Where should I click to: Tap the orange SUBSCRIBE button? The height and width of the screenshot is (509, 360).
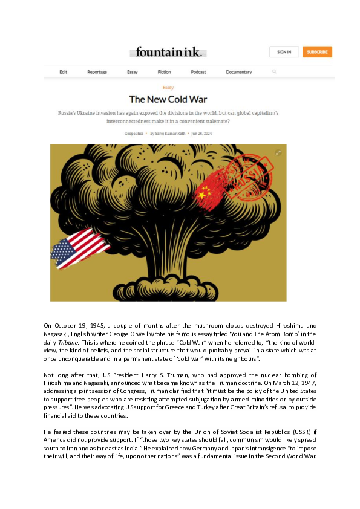317,52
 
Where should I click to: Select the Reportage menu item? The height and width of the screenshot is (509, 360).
97,72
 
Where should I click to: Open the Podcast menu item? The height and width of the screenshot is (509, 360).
198,72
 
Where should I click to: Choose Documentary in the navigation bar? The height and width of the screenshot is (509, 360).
239,72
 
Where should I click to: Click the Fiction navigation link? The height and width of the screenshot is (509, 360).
165,72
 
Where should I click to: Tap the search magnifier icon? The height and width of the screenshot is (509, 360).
274,71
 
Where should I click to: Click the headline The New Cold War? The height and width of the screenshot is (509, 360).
168,99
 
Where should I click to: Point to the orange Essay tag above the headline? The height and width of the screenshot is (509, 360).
168,88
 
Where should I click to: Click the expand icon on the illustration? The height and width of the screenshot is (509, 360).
278,152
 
